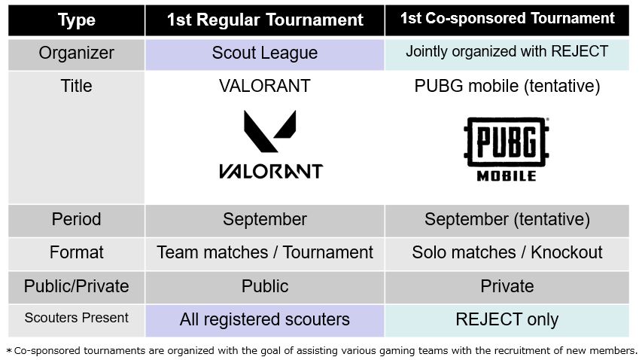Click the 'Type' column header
(77, 20)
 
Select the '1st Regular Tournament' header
(265, 20)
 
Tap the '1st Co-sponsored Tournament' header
(507, 18)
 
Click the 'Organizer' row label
(77, 53)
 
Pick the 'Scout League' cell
(265, 53)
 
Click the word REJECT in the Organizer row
(580, 51)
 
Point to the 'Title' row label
(77, 86)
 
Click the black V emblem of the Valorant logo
(269, 130)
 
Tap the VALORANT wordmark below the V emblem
(271, 171)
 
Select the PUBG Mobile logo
(507, 149)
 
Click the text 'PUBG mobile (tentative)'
(507, 87)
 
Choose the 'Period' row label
(77, 219)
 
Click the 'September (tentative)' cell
(507, 219)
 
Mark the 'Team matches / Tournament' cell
(265, 252)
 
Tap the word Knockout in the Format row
(567, 252)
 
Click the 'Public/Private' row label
(77, 286)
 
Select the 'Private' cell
(507, 286)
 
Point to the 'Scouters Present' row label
(77, 318)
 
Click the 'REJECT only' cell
(507, 319)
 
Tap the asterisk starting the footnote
(9, 351)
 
